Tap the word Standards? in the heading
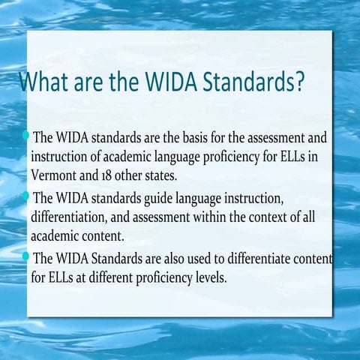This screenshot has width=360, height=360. click(x=254, y=82)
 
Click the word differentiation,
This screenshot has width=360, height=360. click(x=73, y=217)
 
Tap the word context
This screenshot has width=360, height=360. click(x=261, y=217)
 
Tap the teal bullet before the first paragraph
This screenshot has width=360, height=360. click(x=26, y=136)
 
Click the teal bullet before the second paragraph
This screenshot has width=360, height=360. click(x=26, y=196)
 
